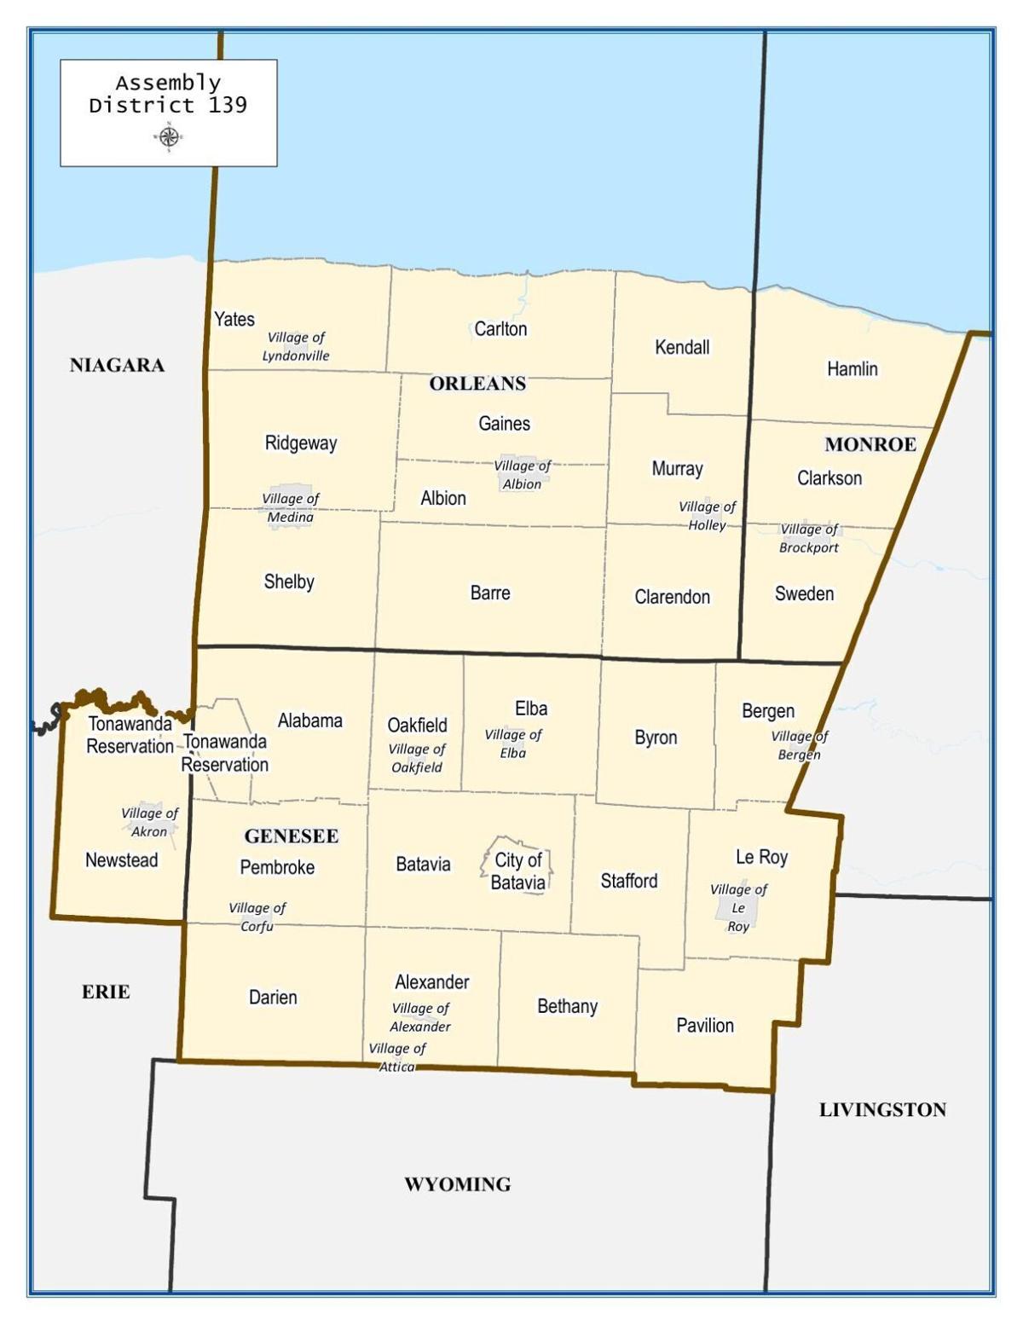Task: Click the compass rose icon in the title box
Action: [169, 136]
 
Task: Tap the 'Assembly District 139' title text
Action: [168, 94]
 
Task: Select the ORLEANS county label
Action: [477, 384]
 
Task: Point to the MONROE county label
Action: [870, 444]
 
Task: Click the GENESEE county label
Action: [292, 836]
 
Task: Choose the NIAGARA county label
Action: [117, 366]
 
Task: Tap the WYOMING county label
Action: [458, 1184]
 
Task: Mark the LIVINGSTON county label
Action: [882, 1109]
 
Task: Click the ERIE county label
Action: [106, 992]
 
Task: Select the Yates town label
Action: [234, 319]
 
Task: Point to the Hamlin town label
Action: [852, 368]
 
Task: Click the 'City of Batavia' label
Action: [518, 871]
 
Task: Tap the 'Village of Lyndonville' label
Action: [296, 347]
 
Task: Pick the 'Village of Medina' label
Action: [291, 508]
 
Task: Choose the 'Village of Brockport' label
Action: [809, 539]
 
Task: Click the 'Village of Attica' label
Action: [397, 1057]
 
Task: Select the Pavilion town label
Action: [705, 1025]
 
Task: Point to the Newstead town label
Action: [122, 859]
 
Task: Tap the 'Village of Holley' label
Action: [707, 516]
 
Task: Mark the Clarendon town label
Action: [672, 597]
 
